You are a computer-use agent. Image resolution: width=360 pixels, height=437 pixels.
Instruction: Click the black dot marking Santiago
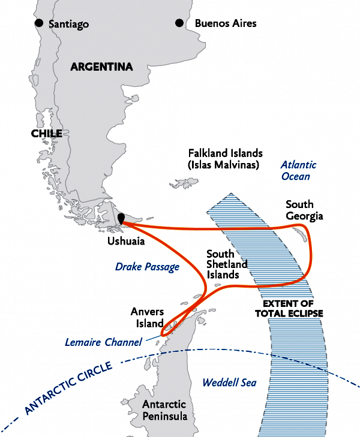point(39,23)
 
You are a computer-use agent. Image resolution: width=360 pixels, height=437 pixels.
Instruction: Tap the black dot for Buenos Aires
point(179,23)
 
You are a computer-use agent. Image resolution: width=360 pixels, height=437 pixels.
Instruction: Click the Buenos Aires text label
point(226,24)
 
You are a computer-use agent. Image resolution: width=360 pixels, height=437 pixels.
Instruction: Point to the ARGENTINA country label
point(101,67)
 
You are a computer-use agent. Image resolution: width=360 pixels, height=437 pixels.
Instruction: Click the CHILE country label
point(46,134)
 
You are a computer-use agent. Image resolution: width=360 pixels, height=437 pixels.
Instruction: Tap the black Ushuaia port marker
point(121,219)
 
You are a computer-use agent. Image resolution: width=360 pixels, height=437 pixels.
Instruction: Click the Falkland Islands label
point(225,159)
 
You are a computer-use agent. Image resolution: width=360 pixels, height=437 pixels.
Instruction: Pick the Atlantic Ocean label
point(299,170)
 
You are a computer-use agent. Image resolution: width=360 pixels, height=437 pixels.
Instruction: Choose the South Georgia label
point(304,210)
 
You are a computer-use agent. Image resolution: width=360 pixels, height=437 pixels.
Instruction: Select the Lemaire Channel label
point(103,342)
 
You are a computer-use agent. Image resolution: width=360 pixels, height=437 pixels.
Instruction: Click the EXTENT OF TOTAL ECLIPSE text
point(289,308)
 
